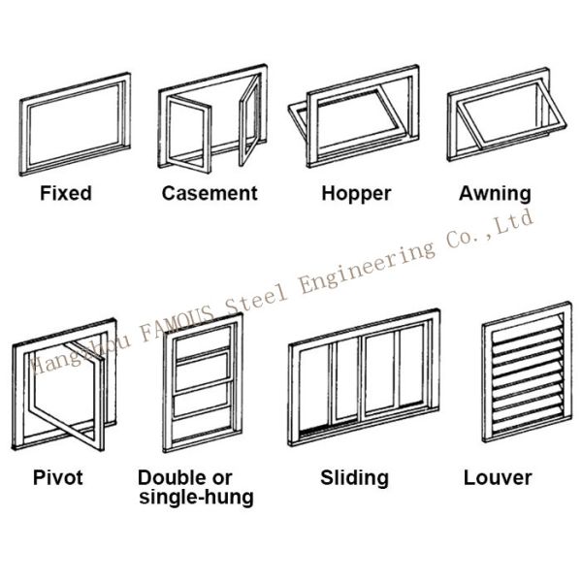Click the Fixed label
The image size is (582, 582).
66,193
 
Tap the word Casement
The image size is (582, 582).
210,193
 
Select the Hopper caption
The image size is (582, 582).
356,194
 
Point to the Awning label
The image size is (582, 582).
495,194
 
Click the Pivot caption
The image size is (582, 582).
59,477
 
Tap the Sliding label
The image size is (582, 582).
354,477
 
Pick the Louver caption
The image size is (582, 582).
498,477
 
